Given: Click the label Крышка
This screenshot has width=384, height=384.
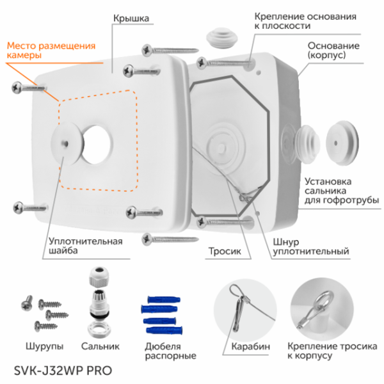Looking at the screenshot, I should click(x=132, y=19).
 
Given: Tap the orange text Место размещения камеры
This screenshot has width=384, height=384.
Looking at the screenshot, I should click(x=51, y=51).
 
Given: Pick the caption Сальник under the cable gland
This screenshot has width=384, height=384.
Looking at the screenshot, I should click(x=100, y=346).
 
